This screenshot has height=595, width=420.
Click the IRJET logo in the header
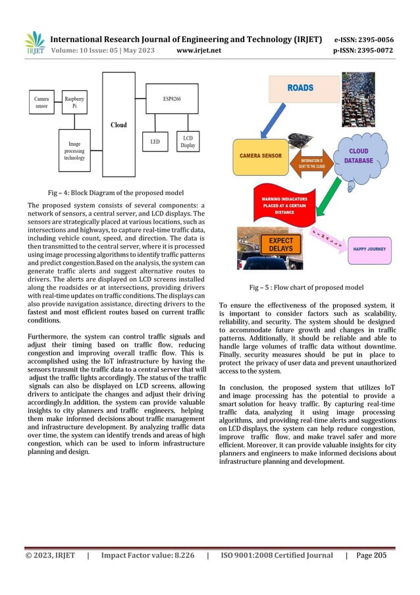(36, 43)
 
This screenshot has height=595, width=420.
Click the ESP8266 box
(172, 93)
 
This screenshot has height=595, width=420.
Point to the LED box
(155, 141)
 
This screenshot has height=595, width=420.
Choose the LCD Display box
(188, 141)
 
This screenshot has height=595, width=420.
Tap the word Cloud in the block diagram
(118, 124)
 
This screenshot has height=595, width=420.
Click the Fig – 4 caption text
(115, 192)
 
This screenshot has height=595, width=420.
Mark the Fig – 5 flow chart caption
(306, 287)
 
